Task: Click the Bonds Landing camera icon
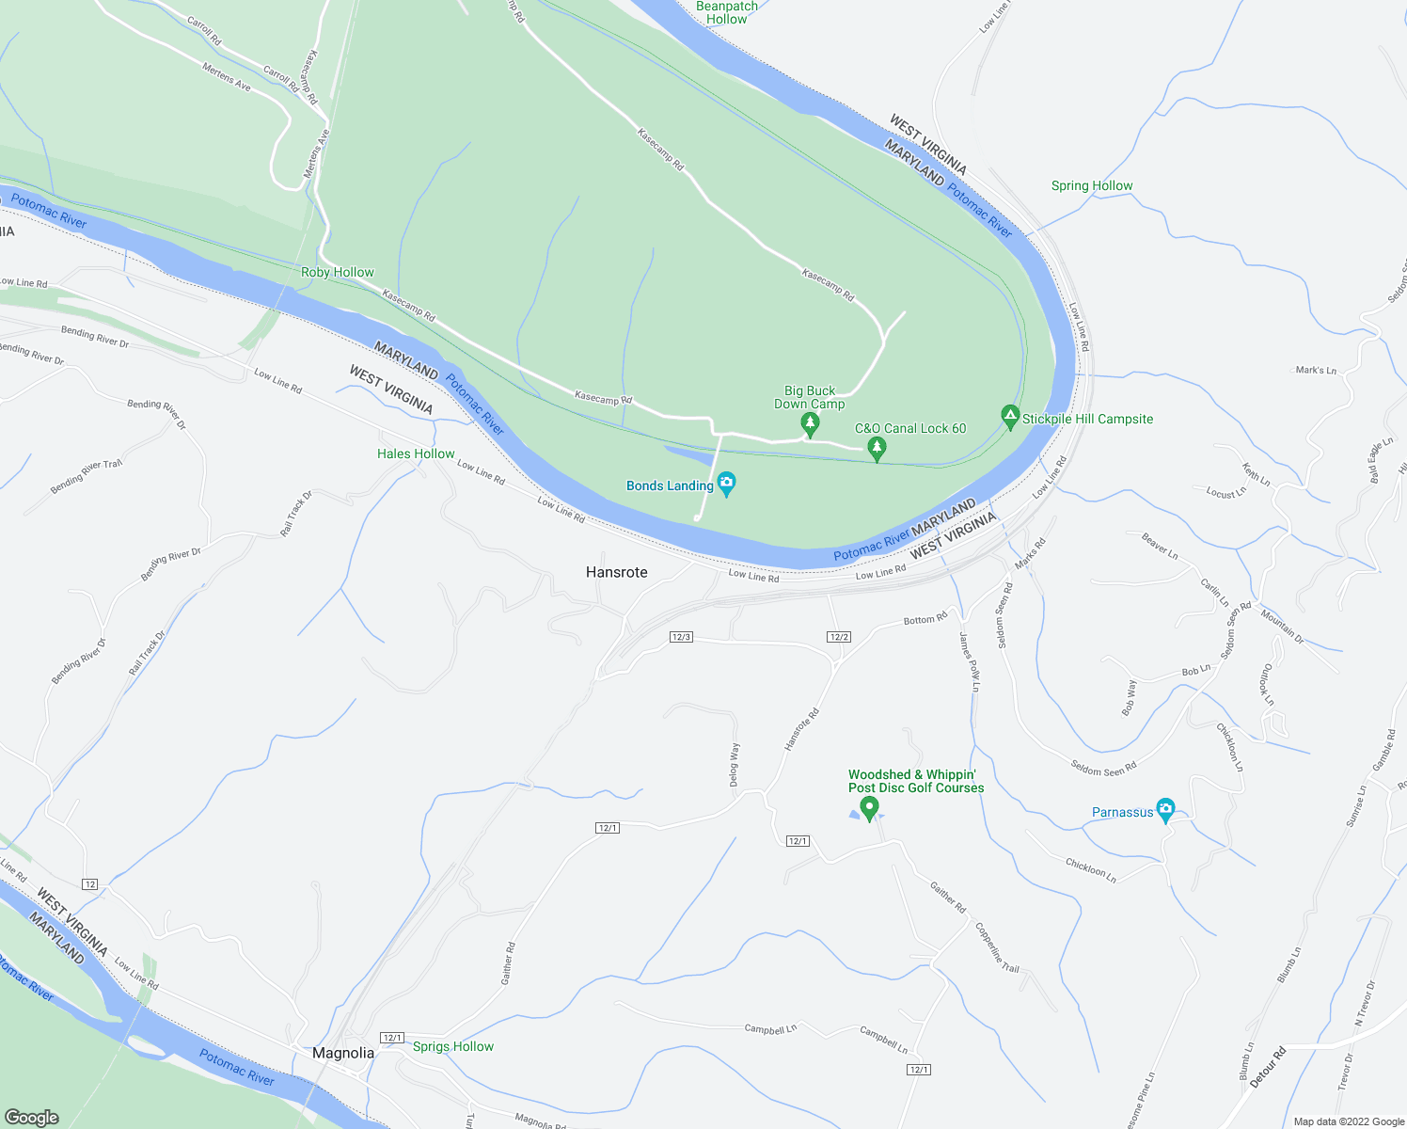click(x=726, y=485)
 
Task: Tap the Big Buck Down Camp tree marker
click(x=810, y=424)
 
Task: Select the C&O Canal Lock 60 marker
click(x=877, y=448)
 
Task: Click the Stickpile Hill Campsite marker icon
click(x=1010, y=417)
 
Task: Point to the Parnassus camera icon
click(x=1166, y=809)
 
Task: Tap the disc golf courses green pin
click(x=869, y=808)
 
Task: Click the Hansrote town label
click(x=617, y=572)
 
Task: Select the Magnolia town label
click(x=343, y=1053)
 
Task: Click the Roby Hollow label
click(x=338, y=272)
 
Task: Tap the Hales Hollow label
click(x=416, y=453)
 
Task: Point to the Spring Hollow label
click(x=1092, y=185)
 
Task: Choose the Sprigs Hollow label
click(x=453, y=1046)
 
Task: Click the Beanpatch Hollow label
click(x=727, y=12)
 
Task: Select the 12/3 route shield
click(x=681, y=637)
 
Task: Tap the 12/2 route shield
click(x=839, y=637)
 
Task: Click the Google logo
click(x=32, y=1117)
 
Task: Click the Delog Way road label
click(x=735, y=765)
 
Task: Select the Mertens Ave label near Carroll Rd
click(x=227, y=77)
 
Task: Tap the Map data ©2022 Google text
click(x=1349, y=1121)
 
